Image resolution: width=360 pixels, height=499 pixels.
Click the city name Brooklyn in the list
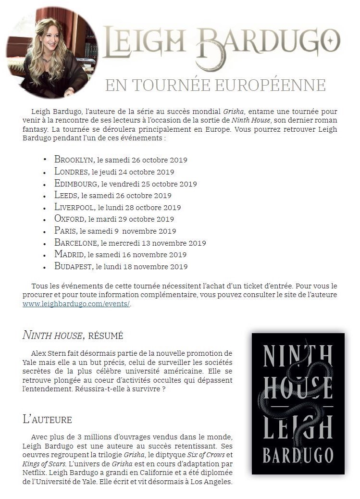(74, 160)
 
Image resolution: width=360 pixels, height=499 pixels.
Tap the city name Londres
(71, 172)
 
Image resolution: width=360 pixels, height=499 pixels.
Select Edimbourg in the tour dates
(76, 184)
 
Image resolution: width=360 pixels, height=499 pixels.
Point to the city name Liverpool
(75, 207)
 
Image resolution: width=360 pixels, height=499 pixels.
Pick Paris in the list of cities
(65, 231)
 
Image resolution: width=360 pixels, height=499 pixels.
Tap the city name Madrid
(69, 255)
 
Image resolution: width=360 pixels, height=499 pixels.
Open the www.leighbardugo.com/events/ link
(76, 304)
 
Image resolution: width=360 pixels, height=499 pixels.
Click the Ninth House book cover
(298, 403)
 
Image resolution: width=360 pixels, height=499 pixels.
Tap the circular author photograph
(52, 52)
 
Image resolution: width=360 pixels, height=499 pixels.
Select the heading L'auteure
(47, 419)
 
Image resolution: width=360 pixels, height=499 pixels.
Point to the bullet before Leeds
(45, 196)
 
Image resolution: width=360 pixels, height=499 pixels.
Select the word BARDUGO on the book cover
(298, 455)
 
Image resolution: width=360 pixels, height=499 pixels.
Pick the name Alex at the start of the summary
(38, 353)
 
